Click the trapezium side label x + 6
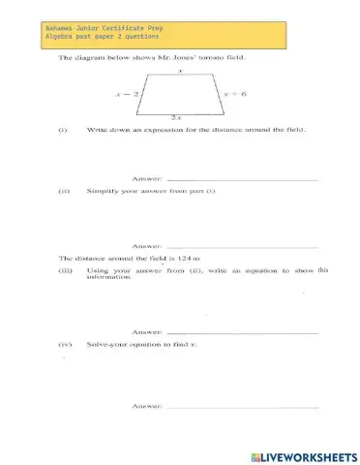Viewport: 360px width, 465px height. click(235, 95)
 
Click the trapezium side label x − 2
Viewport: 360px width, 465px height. click(127, 95)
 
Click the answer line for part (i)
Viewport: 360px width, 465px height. click(242, 180)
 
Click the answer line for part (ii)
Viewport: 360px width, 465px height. click(242, 247)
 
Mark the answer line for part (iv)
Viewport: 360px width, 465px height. click(242, 408)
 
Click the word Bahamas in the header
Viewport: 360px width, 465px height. click(62, 30)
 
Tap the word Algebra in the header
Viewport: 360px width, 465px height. click(62, 40)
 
